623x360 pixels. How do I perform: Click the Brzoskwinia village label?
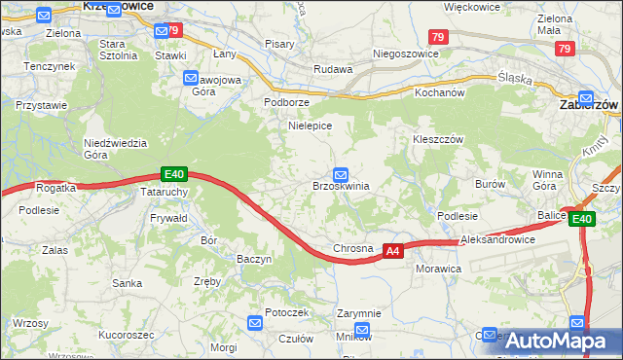pyautogui.click(x=340, y=186)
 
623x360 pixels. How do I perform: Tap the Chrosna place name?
pyautogui.click(x=352, y=249)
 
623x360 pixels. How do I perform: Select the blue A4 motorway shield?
pyautogui.click(x=391, y=251)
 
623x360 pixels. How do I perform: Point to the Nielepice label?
pyautogui.click(x=311, y=126)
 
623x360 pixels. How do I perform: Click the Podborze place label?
pyautogui.click(x=287, y=102)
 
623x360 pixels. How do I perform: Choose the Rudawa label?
pyautogui.click(x=331, y=69)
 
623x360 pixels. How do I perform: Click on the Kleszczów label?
pyautogui.click(x=435, y=139)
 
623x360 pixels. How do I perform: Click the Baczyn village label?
pyautogui.click(x=254, y=259)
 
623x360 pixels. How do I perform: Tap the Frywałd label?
pyautogui.click(x=168, y=220)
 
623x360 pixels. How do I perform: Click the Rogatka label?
pyautogui.click(x=55, y=187)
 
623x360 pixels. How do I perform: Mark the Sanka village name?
pyautogui.click(x=128, y=283)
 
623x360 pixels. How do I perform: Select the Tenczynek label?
pyautogui.click(x=51, y=66)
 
